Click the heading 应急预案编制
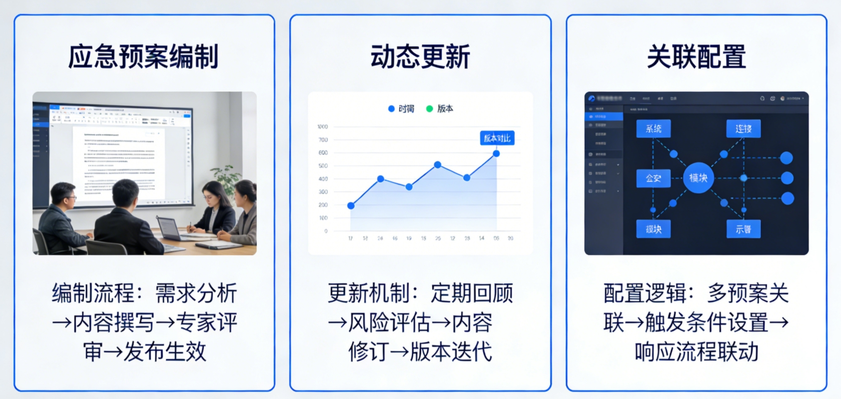tap(144, 56)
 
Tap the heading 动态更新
tap(420, 56)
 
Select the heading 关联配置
tap(696, 56)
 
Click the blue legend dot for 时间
tap(391, 108)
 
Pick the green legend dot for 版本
tap(429, 108)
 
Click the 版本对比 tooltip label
tap(497, 138)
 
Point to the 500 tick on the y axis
tap(323, 165)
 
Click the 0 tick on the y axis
tap(326, 231)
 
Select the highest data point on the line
tap(496, 153)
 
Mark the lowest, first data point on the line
tap(351, 205)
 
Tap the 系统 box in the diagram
tap(653, 128)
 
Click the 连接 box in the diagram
tap(743, 128)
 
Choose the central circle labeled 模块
tap(698, 177)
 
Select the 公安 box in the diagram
tap(653, 178)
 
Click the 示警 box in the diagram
tap(743, 229)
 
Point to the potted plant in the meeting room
tap(226, 176)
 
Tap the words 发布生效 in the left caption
tap(165, 351)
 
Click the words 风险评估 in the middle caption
tap(389, 322)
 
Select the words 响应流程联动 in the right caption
tap(696, 351)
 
